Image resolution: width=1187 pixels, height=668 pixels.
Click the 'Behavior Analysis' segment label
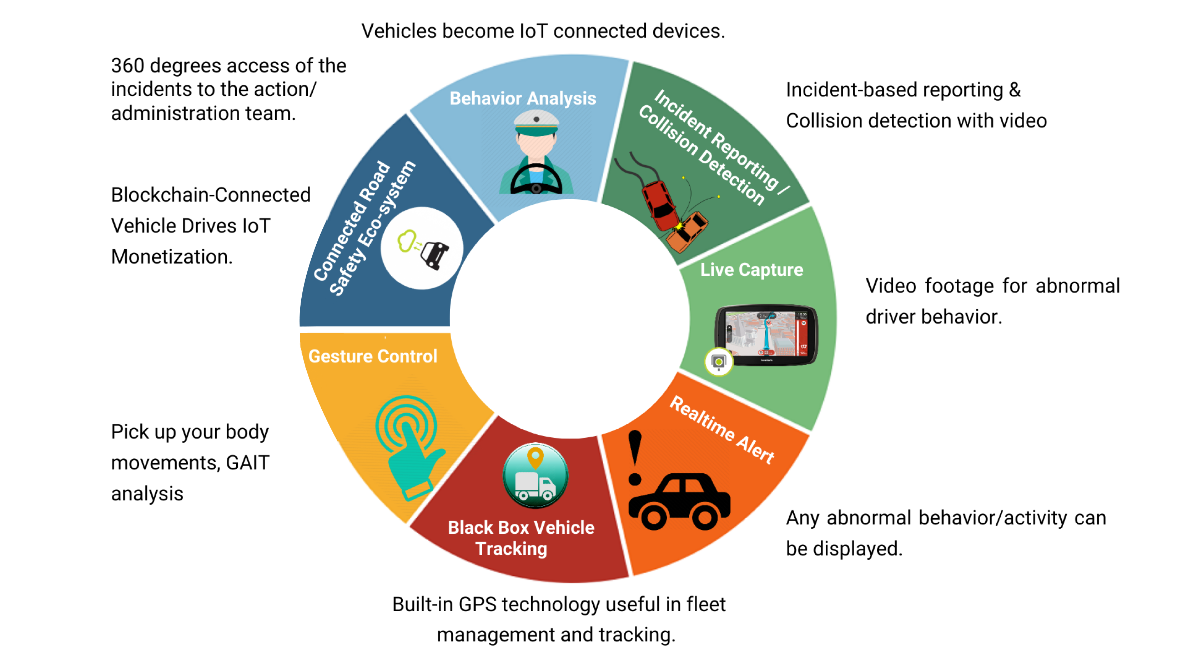[523, 99]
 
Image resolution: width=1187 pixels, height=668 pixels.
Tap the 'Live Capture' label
[751, 270]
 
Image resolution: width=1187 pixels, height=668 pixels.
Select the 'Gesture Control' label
[372, 357]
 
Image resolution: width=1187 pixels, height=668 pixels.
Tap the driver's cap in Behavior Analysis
[536, 123]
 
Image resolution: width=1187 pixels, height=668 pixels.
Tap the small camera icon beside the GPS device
[718, 362]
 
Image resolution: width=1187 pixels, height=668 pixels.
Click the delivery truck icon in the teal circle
[534, 487]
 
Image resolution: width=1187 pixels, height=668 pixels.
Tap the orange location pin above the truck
[535, 458]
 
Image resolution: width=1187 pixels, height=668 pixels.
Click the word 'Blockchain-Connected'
[211, 195]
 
